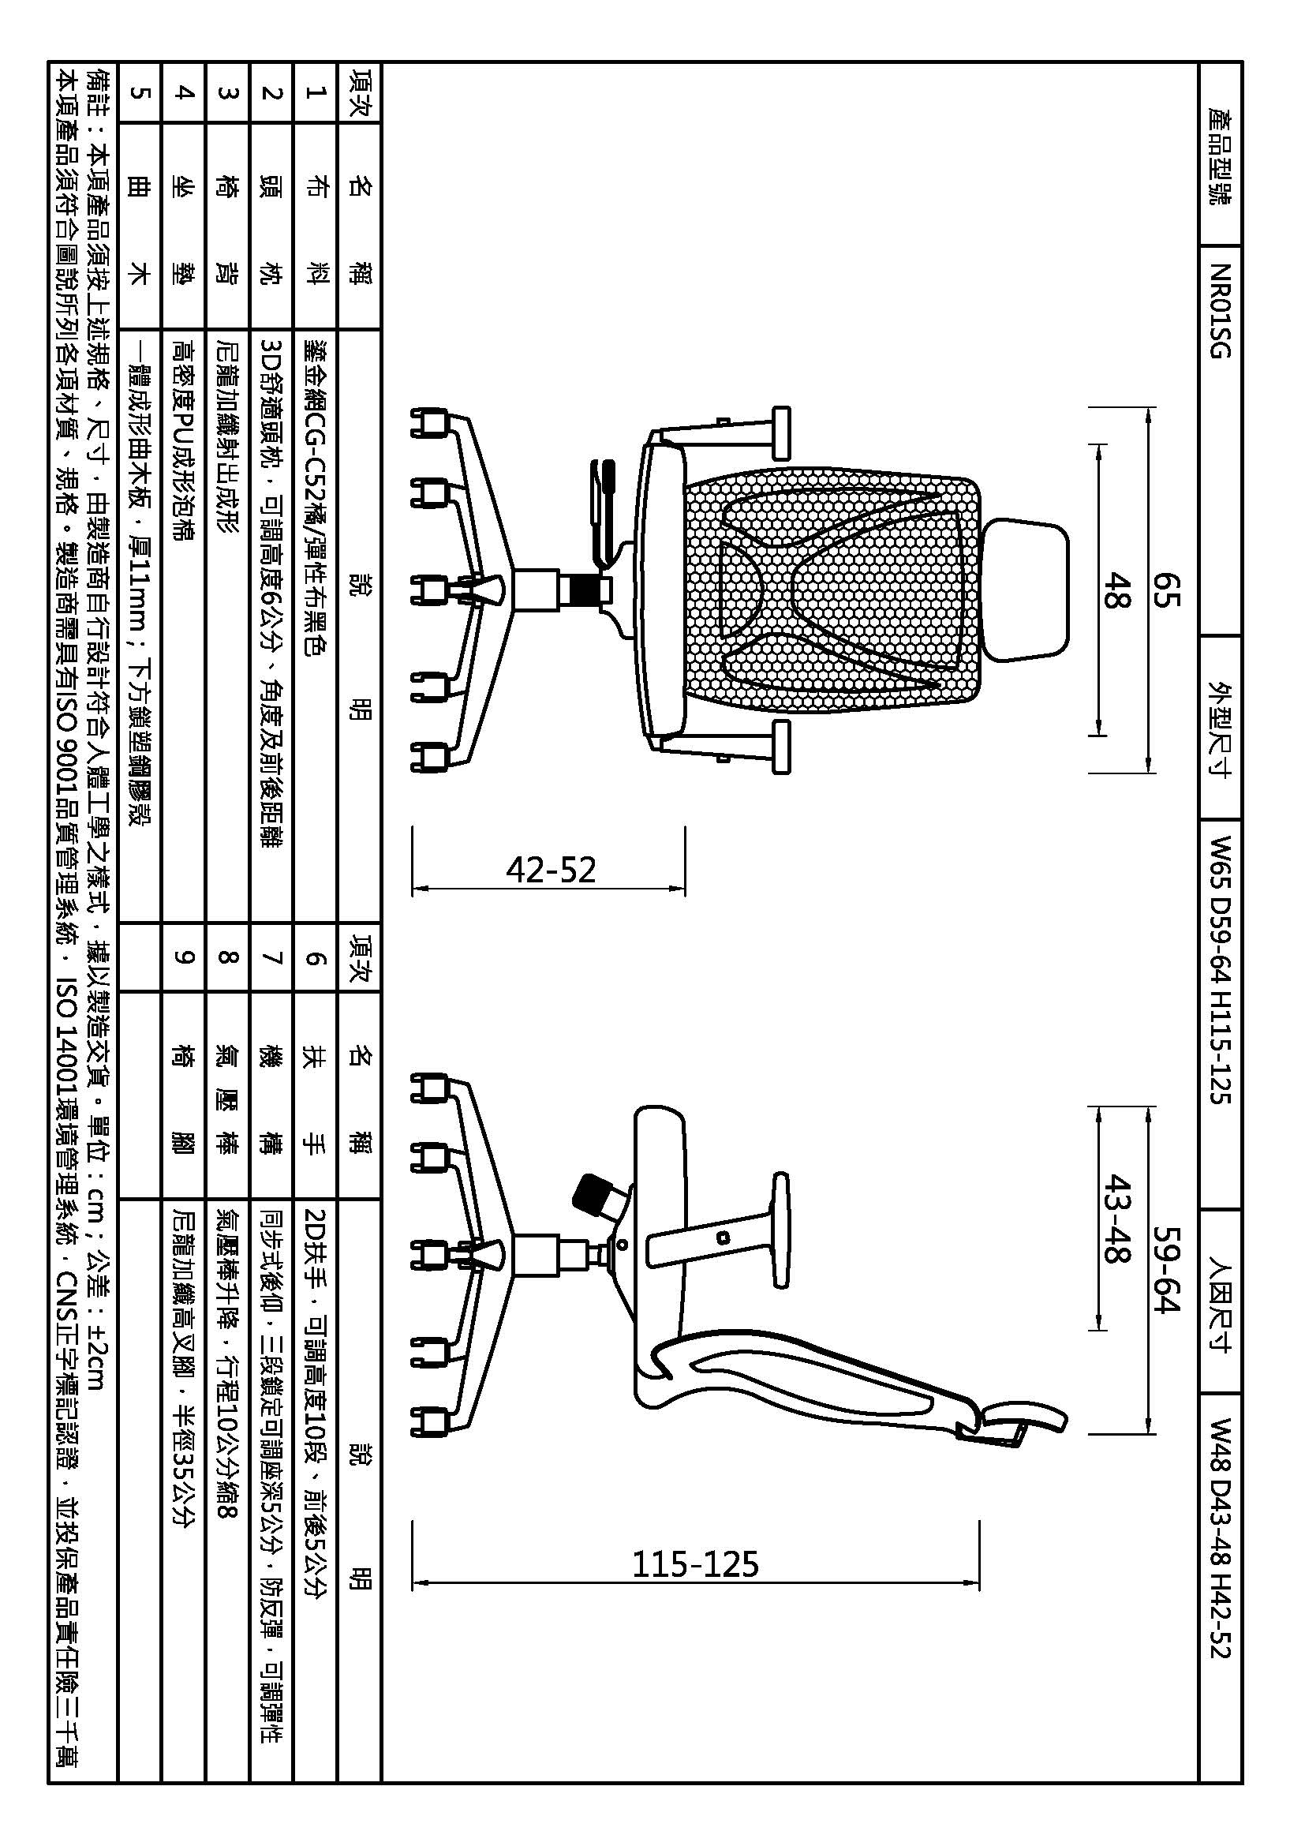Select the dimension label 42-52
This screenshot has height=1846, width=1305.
tap(551, 870)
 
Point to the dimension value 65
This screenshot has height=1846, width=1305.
tap(1167, 591)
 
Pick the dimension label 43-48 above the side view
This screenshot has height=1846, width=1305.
tap(1117, 1218)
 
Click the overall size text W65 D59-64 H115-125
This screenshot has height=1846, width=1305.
tap(1219, 969)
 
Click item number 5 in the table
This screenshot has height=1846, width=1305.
tap(139, 92)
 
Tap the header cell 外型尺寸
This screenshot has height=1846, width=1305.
tap(1219, 728)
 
